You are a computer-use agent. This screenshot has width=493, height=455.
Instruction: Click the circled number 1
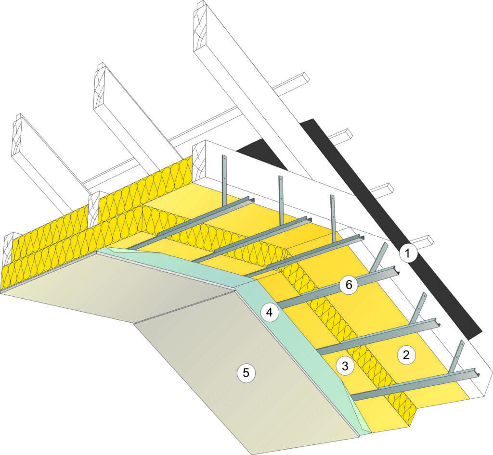pyautogui.click(x=408, y=253)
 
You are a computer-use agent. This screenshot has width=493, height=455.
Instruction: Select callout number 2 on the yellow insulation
pyautogui.click(x=405, y=355)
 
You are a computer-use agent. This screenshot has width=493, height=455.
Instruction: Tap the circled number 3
pyautogui.click(x=344, y=366)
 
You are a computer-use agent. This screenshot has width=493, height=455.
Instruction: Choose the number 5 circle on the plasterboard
pyautogui.click(x=246, y=372)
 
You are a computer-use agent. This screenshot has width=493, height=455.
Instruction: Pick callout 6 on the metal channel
pyautogui.click(x=349, y=285)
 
